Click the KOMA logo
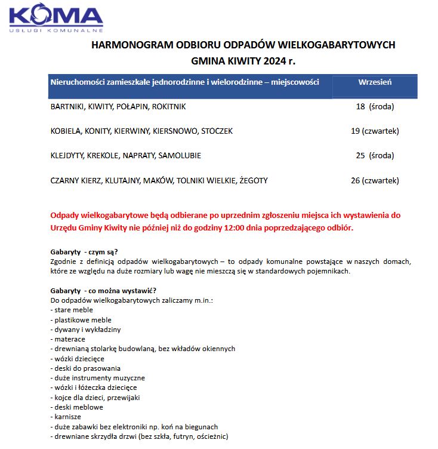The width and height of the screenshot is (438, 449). [x=55, y=18]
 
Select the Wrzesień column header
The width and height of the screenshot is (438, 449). [x=374, y=82]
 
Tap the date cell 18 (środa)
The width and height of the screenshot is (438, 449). [x=375, y=106]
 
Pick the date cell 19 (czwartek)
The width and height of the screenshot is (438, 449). [x=375, y=131]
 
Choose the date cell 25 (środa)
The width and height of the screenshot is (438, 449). [x=375, y=155]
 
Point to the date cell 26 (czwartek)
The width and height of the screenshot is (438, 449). [x=375, y=180]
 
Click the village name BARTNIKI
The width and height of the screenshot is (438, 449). [x=67, y=106]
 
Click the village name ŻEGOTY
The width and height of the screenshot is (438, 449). [x=253, y=180]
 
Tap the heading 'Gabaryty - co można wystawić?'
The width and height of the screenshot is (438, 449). [x=103, y=290]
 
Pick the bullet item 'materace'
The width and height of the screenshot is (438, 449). [x=70, y=339]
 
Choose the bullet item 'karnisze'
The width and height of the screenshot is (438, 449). [x=67, y=417]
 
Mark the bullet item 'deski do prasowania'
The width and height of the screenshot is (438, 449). [x=88, y=368]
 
